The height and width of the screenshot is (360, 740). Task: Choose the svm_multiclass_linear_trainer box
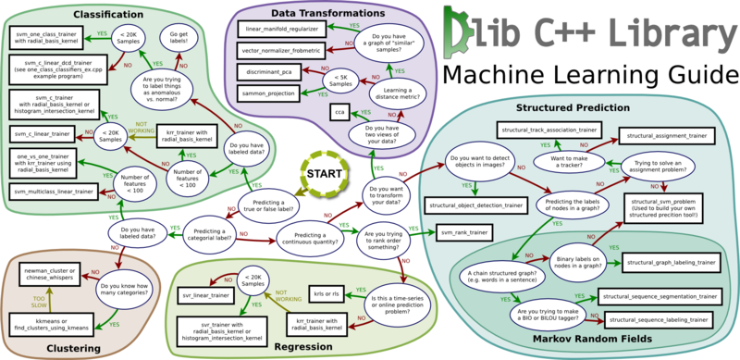pos(54,191)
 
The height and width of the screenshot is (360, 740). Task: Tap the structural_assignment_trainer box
pos(666,136)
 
